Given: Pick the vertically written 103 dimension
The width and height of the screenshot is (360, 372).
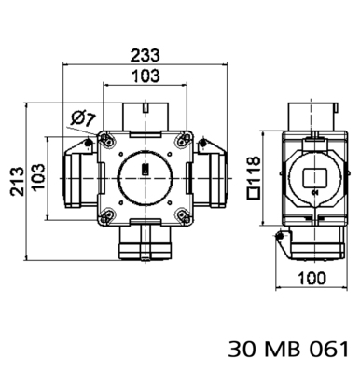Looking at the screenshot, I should [38, 175].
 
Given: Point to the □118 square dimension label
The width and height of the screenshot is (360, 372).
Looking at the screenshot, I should [252, 175].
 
